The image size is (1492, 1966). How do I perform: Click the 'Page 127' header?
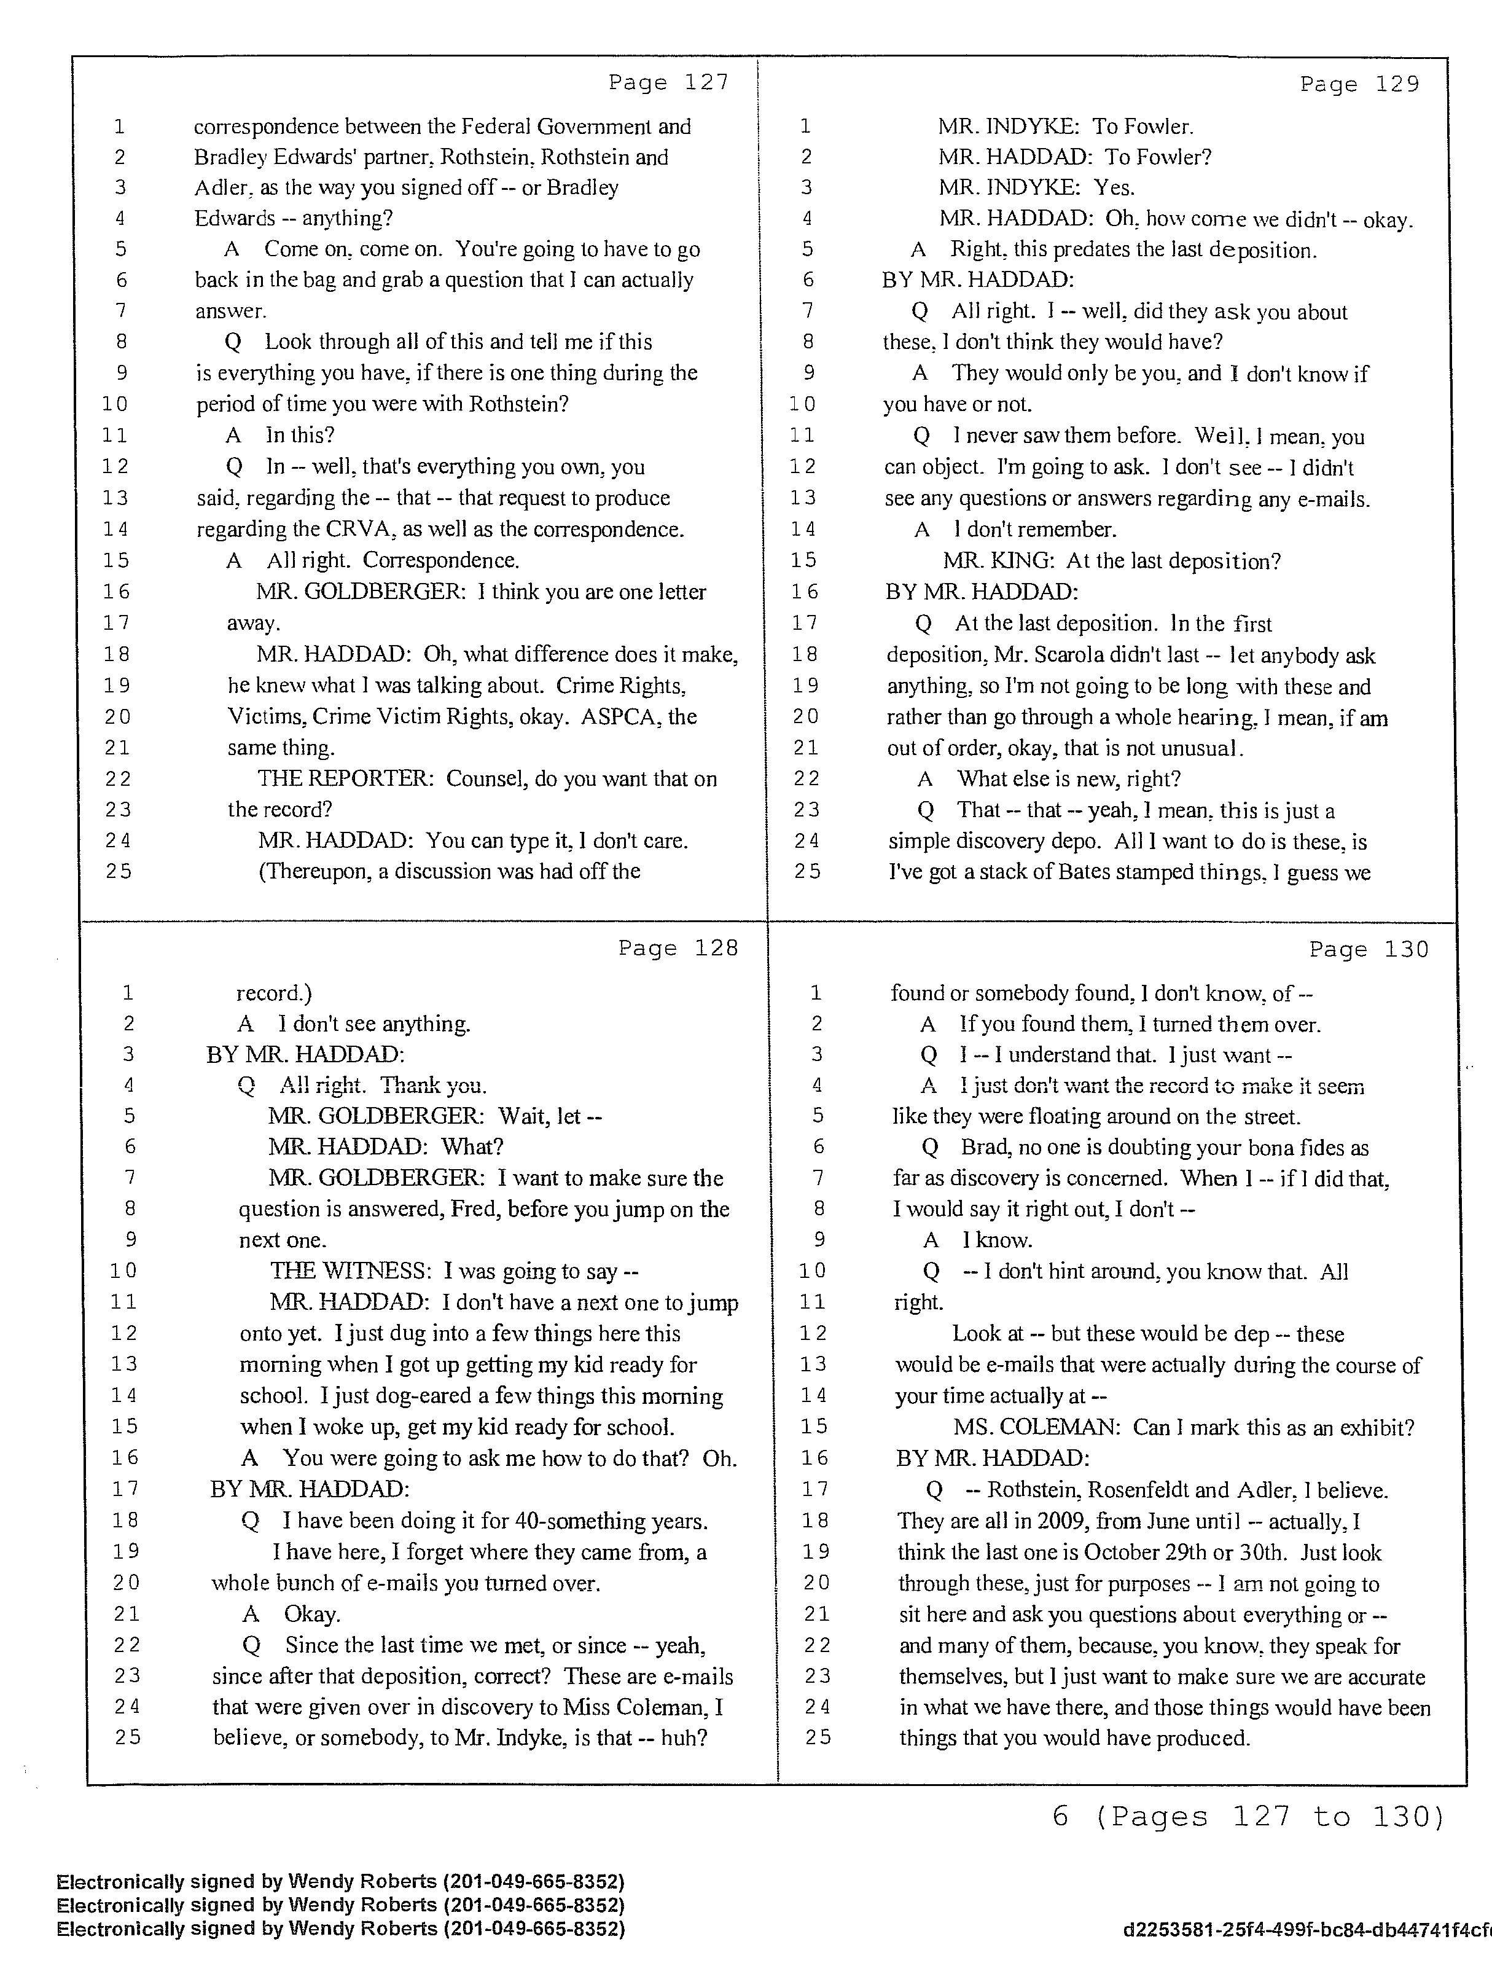pos(668,83)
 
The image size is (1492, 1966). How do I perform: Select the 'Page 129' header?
pos(1359,84)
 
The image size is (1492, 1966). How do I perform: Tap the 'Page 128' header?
pos(678,949)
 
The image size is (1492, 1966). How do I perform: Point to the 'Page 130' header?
pos(1369,950)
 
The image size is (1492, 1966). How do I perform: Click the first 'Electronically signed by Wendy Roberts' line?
pos(340,1882)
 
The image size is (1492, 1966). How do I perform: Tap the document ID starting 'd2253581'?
pos(1306,1930)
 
